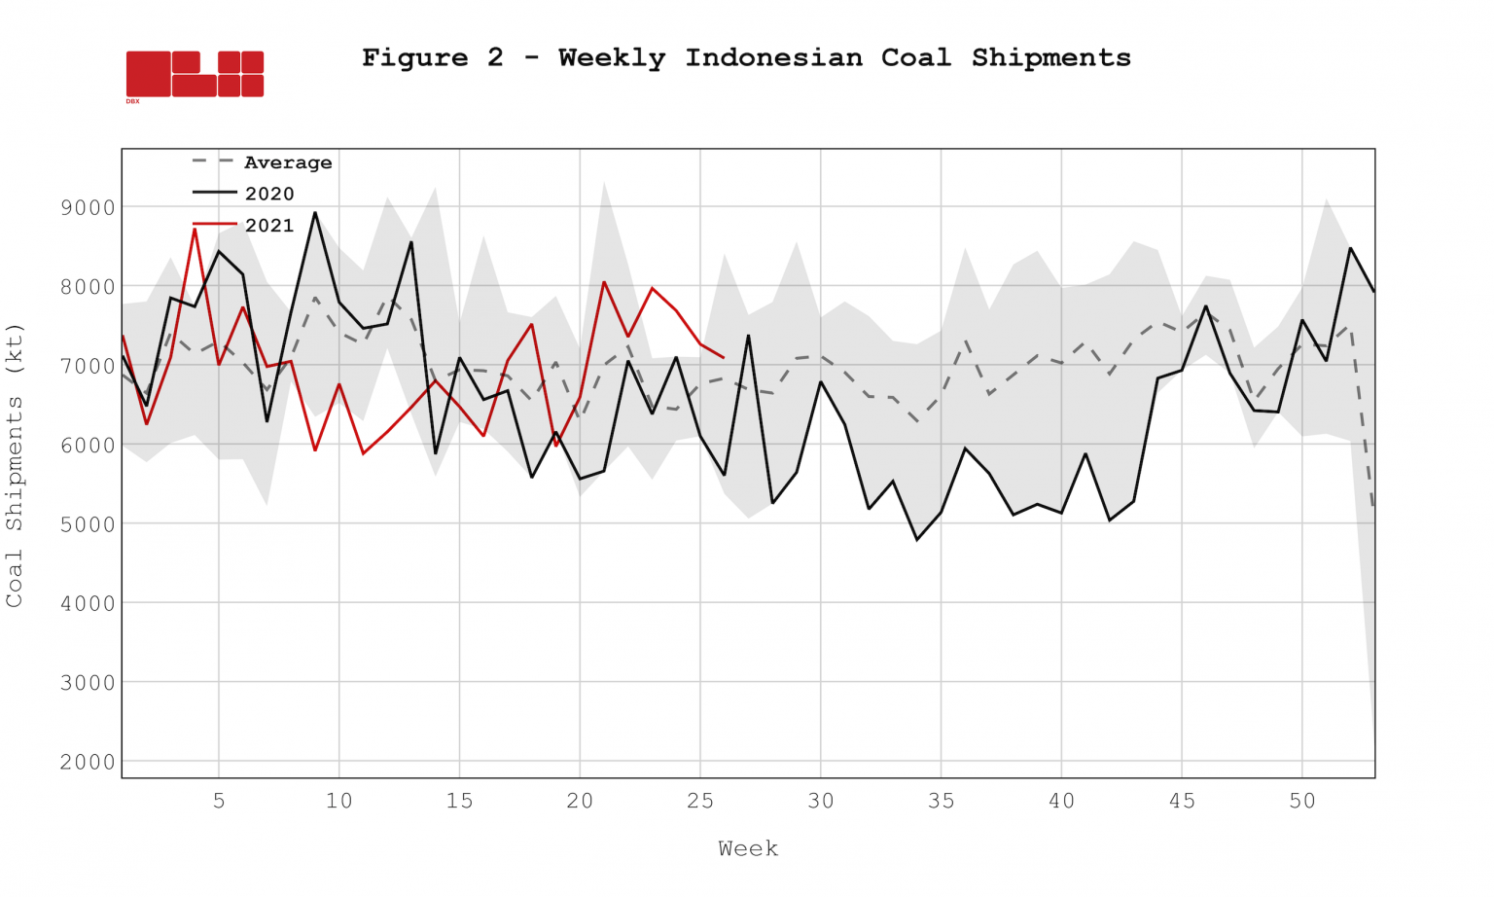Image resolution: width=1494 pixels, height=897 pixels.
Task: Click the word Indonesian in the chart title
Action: tap(773, 57)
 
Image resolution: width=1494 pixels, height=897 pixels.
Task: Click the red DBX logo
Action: tap(195, 74)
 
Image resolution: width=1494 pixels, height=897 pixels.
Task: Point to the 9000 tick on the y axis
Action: tap(88, 207)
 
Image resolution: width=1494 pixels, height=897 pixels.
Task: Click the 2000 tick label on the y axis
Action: tap(88, 762)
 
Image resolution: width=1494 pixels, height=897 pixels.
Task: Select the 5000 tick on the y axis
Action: tap(88, 524)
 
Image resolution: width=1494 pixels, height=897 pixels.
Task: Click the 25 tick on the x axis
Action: tap(700, 801)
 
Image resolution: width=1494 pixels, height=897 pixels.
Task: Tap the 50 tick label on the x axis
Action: tap(1302, 801)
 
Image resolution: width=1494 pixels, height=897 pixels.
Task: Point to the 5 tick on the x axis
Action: tap(219, 801)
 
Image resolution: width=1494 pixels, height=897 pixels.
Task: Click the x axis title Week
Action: tap(748, 848)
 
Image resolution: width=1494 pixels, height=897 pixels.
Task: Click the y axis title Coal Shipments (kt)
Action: tap(14, 465)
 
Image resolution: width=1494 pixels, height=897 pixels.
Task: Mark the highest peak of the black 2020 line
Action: tap(314, 212)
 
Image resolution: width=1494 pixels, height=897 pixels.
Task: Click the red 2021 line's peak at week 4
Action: tap(195, 229)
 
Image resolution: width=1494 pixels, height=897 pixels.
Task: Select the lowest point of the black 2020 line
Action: tap(917, 539)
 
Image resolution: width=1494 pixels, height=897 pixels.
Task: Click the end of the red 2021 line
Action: tap(723, 358)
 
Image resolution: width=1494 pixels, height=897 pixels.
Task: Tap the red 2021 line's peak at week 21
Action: tap(604, 282)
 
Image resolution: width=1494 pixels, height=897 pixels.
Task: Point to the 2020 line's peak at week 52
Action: tap(1350, 248)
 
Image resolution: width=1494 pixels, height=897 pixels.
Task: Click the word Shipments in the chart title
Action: tap(1050, 57)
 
